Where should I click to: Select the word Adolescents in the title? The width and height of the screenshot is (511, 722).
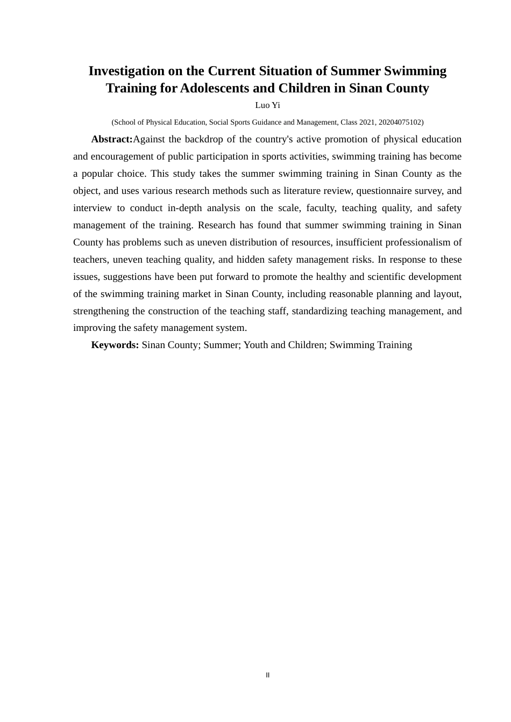pyautogui.click(x=210, y=88)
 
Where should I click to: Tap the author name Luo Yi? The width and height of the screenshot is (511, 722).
pyautogui.click(x=267, y=105)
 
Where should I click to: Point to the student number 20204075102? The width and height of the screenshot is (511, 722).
pyautogui.click(x=399, y=122)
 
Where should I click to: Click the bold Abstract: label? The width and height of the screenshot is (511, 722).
pyautogui.click(x=112, y=139)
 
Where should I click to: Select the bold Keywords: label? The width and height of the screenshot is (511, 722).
pyautogui.click(x=115, y=345)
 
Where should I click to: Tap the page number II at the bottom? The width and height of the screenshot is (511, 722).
pyautogui.click(x=267, y=675)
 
